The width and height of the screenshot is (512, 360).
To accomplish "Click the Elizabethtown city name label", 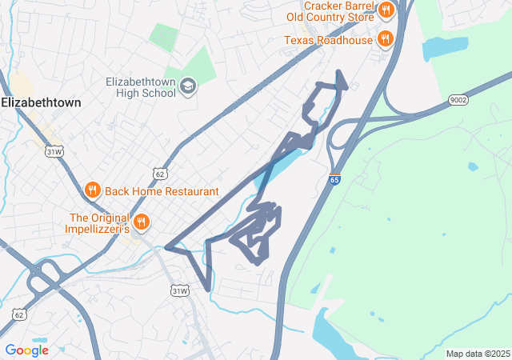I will coord(41,102).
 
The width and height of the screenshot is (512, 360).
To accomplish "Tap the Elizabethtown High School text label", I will coord(141,86).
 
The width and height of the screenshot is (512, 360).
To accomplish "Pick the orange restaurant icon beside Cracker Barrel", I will coord(386,10).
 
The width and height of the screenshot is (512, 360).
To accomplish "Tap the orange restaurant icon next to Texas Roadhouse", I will coord(386,39).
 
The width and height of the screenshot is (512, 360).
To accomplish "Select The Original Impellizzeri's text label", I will coord(99,222).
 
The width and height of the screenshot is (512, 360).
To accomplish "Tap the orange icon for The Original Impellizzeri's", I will coord(142,222).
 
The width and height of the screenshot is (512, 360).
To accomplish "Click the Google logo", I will coord(26,350).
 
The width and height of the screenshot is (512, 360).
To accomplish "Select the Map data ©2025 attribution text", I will coord(478,354).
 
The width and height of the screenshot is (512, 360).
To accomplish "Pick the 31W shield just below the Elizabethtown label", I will coord(54,150).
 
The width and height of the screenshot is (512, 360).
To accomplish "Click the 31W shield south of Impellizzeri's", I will coord(179,291).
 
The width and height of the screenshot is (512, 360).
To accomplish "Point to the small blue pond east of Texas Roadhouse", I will coord(445,47).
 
